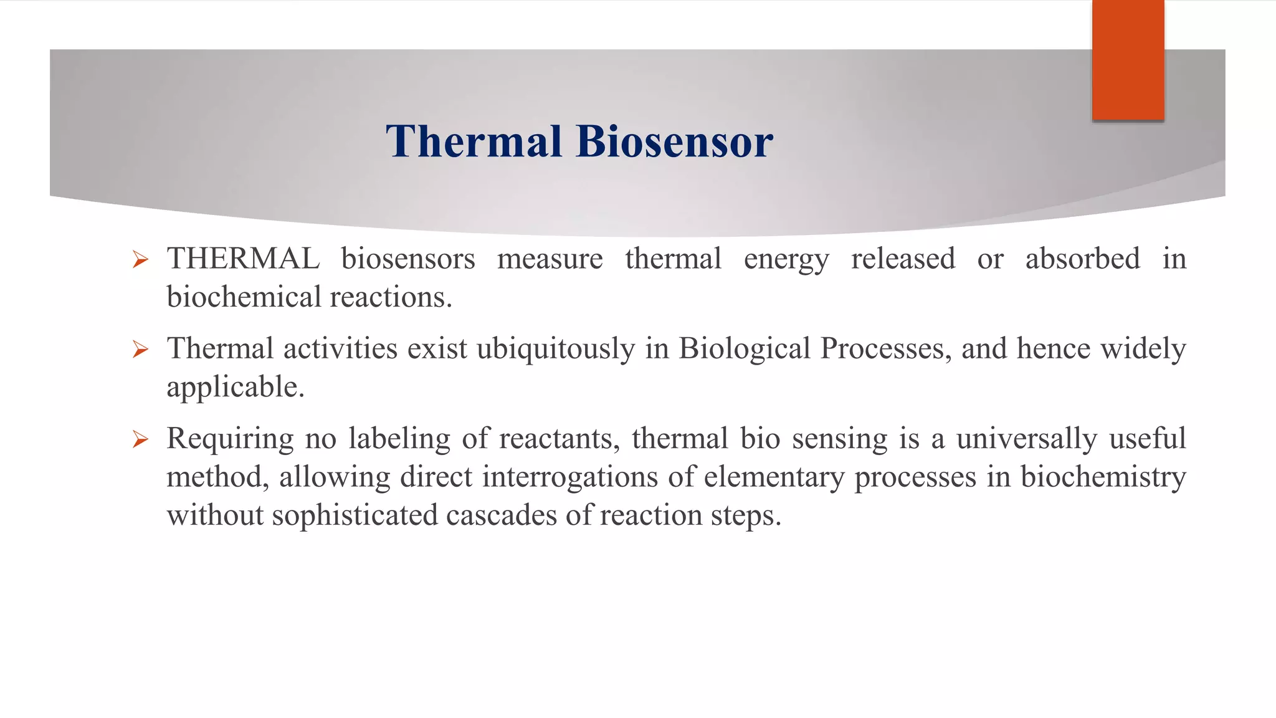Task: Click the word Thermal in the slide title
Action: pyautogui.click(x=474, y=141)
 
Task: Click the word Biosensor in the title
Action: pyautogui.click(x=674, y=141)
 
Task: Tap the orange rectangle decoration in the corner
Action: pyautogui.click(x=1128, y=60)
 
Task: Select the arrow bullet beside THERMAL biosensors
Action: pyautogui.click(x=140, y=259)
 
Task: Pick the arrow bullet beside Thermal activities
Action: pyautogui.click(x=140, y=349)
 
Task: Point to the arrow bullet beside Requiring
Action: pyautogui.click(x=140, y=440)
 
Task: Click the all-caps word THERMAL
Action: pyautogui.click(x=243, y=259)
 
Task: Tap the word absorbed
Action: pyautogui.click(x=1082, y=259)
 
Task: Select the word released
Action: pyautogui.click(x=903, y=259)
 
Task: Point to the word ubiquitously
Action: pyautogui.click(x=555, y=349)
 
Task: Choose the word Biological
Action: pyautogui.click(x=744, y=349)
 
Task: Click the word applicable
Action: pyautogui.click(x=235, y=388)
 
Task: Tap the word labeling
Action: pyautogui.click(x=399, y=439)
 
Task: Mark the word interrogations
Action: pyautogui.click(x=569, y=477)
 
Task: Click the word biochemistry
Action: pyautogui.click(x=1103, y=477)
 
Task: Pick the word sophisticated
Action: pyautogui.click(x=355, y=515)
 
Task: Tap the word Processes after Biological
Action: pyautogui.click(x=885, y=349)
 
